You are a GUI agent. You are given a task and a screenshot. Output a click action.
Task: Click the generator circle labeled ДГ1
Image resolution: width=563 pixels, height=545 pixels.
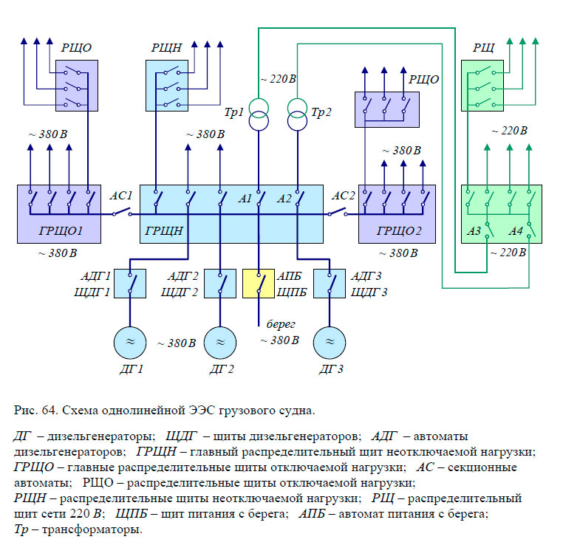(130, 343)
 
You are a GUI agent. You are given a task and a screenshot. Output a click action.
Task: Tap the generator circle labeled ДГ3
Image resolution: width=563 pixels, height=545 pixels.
(330, 343)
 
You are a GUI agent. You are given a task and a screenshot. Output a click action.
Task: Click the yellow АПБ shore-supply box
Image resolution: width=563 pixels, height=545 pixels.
(259, 283)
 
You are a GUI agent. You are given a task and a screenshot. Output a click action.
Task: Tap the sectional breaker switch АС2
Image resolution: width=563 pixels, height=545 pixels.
(338, 213)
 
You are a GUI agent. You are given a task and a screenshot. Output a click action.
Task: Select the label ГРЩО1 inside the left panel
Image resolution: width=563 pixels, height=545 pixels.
(61, 230)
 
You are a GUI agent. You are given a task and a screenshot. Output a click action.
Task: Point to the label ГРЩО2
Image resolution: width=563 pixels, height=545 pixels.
(398, 230)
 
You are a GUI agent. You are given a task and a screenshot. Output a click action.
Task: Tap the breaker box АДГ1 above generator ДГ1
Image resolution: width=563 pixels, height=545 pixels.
(130, 283)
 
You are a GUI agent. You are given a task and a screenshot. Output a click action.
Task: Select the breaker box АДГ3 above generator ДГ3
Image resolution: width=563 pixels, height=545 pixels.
(330, 283)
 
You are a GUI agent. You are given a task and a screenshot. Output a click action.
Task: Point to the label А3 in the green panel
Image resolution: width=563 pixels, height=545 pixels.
(475, 233)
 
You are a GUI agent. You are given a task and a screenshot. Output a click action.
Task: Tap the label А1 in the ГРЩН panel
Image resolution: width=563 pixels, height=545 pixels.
(245, 198)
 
